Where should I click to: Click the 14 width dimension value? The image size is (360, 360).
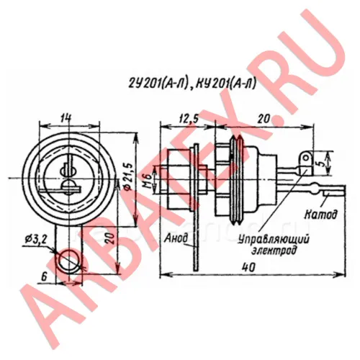pyautogui.click(x=66, y=118)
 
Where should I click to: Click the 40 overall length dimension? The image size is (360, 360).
pyautogui.click(x=248, y=267)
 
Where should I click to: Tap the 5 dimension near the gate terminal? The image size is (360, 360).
pyautogui.click(x=318, y=164)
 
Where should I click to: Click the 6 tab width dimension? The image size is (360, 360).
pyautogui.click(x=44, y=277)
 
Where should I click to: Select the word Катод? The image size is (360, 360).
pyautogui.click(x=320, y=215)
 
